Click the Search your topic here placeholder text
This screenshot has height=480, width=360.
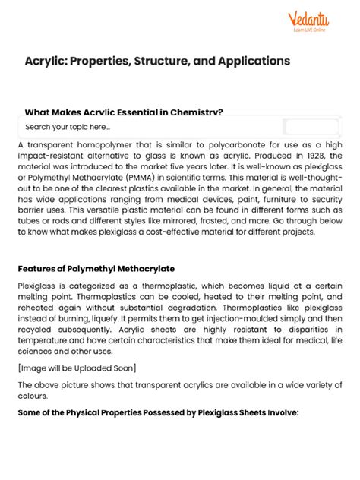68,127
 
